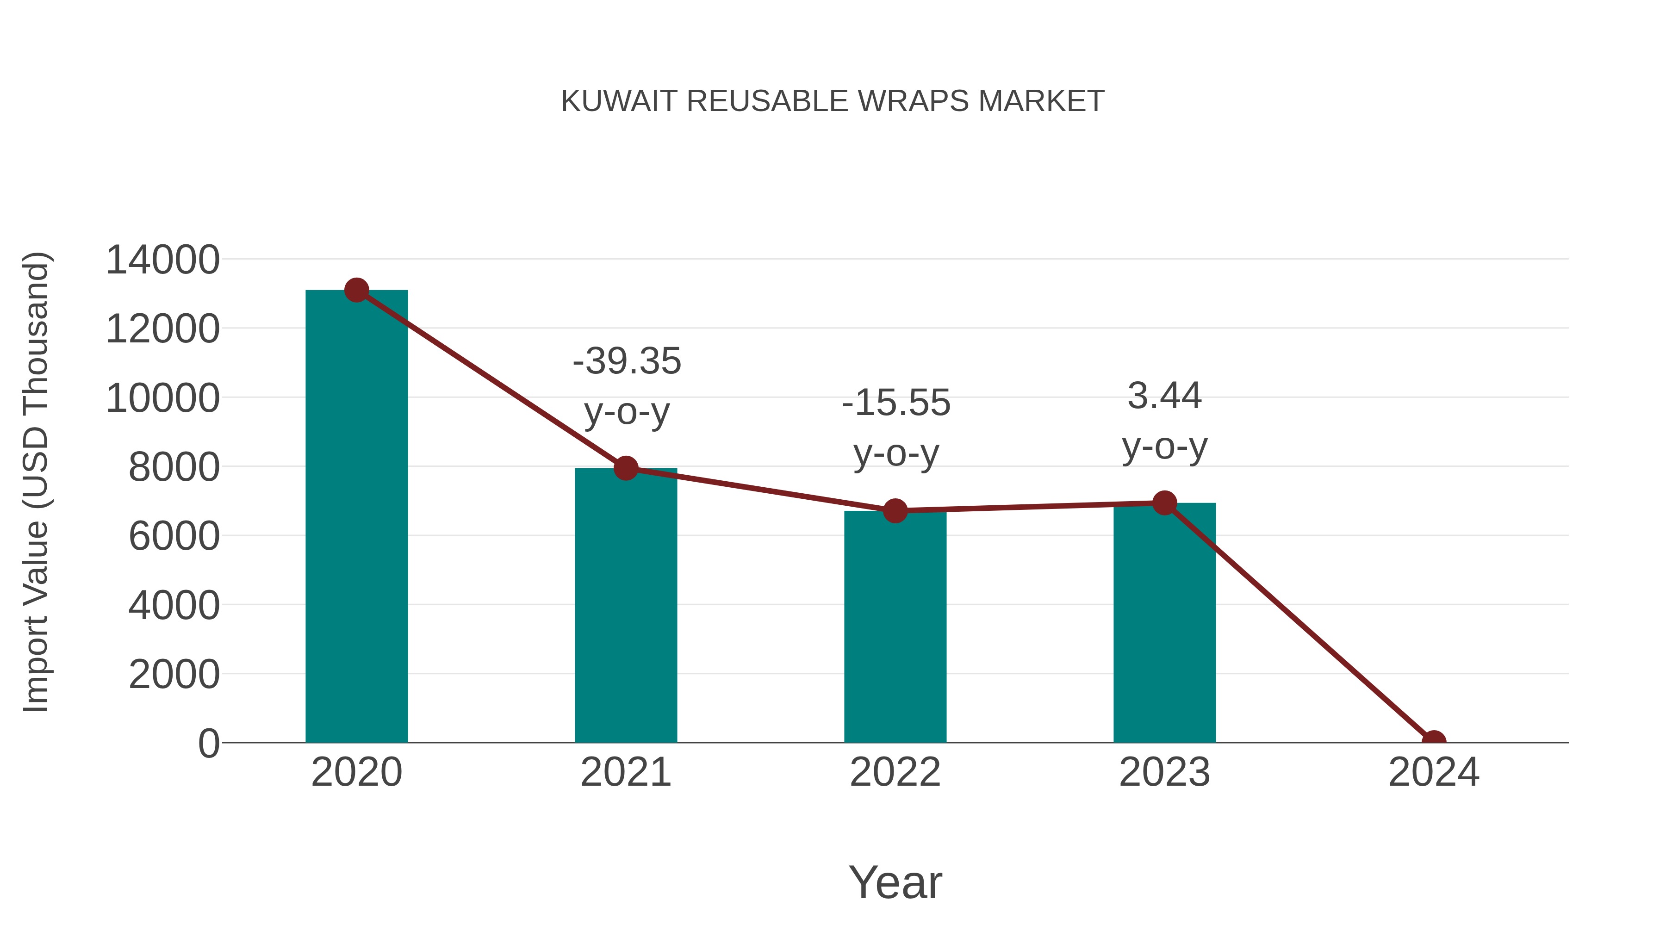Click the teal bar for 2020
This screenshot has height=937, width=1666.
point(356,517)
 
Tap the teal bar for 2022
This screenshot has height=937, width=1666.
point(895,627)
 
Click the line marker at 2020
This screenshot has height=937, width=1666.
point(356,290)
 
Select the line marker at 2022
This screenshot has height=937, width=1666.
point(895,511)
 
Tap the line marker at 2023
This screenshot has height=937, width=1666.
point(1164,503)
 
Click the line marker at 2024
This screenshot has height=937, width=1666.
point(1433,741)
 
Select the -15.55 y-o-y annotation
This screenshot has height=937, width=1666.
point(896,428)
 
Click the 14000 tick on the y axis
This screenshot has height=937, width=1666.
point(162,260)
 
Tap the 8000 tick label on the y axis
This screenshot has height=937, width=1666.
point(174,467)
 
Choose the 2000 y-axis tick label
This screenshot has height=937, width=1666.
point(174,675)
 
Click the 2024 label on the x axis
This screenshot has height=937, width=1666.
point(1433,772)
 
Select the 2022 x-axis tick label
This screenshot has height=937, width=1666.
point(895,772)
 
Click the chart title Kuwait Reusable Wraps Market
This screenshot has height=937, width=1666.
point(833,101)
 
